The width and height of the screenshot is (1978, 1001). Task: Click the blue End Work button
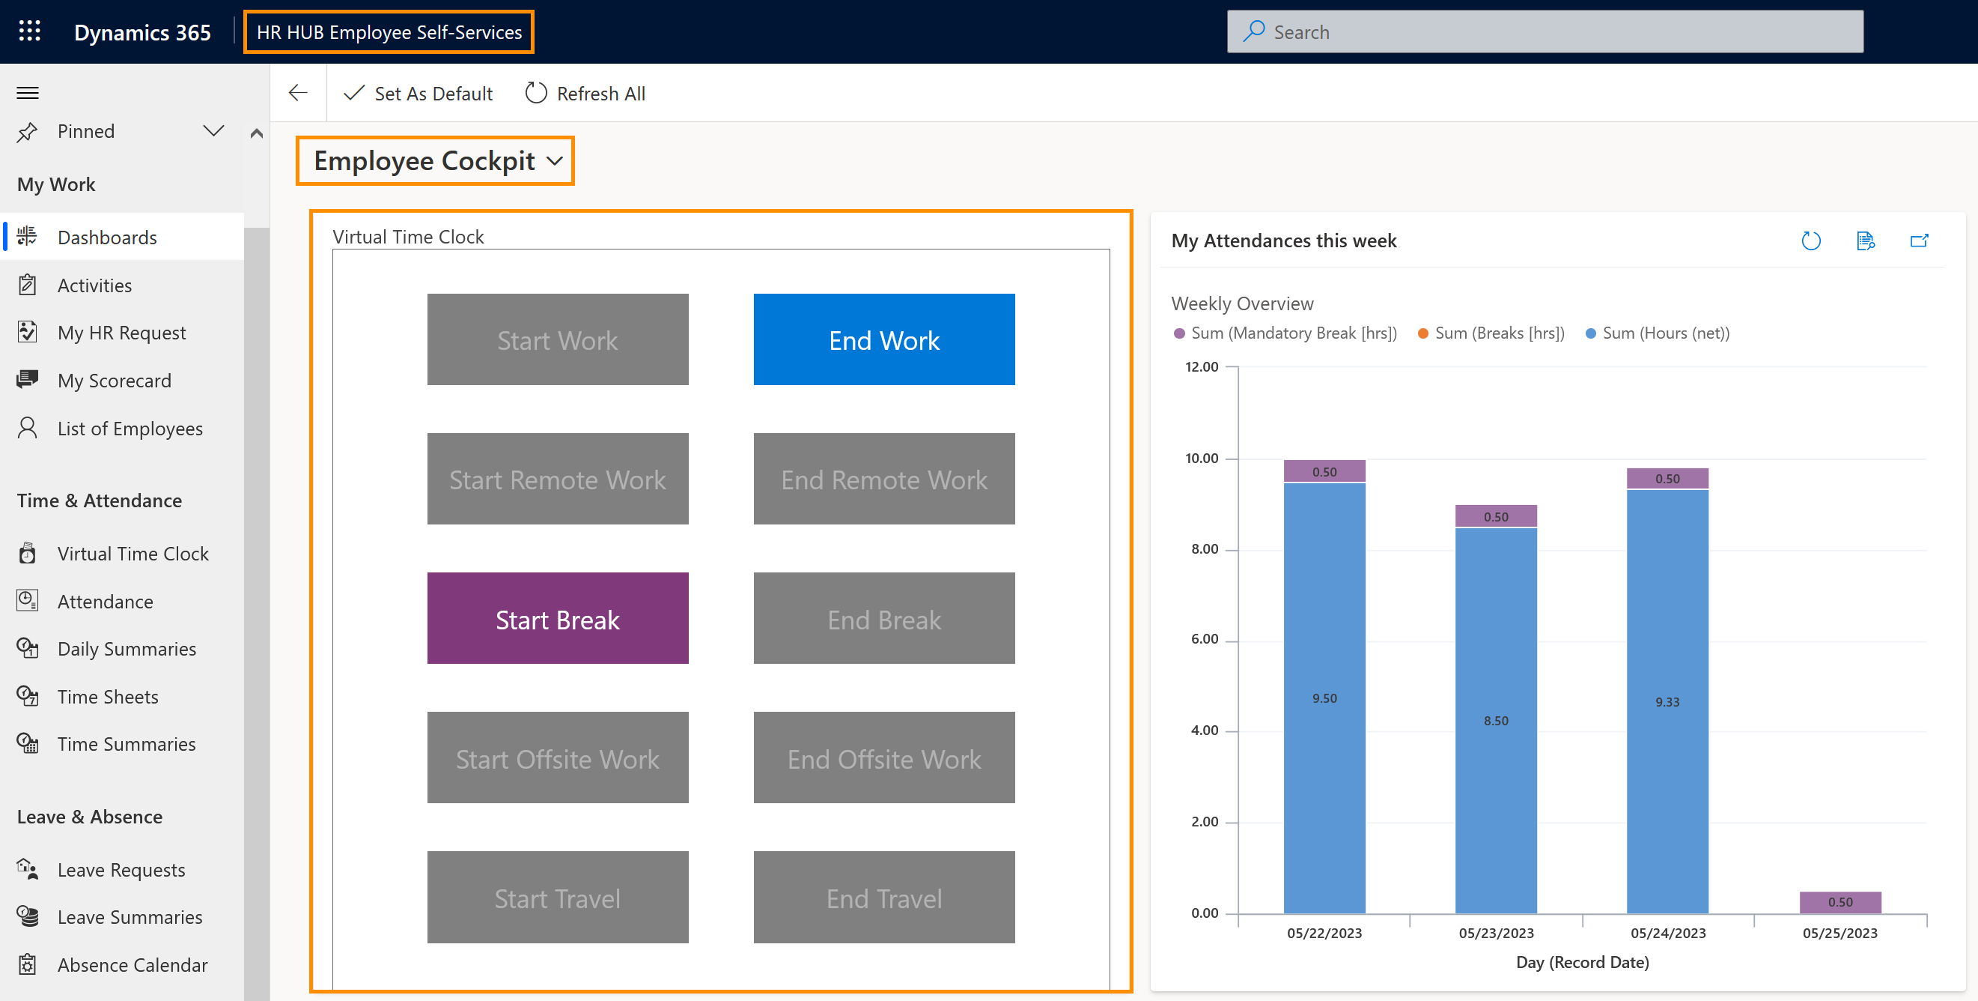click(x=883, y=339)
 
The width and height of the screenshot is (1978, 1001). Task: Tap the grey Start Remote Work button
click(x=558, y=480)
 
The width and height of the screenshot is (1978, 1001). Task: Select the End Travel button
click(x=883, y=898)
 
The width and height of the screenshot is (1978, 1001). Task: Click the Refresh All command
click(x=585, y=94)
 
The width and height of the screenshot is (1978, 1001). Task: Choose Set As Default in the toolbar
click(x=419, y=94)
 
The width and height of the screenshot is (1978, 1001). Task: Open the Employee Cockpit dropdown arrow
click(x=556, y=161)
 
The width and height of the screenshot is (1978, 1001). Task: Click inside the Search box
click(x=1543, y=32)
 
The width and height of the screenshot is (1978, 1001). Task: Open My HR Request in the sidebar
click(x=121, y=333)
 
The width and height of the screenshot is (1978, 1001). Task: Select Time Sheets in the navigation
click(x=108, y=697)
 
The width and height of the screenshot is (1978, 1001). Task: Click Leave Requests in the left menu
click(x=121, y=870)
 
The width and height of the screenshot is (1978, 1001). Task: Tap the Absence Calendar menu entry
click(x=132, y=965)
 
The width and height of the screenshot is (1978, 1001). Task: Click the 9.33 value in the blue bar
click(x=1667, y=702)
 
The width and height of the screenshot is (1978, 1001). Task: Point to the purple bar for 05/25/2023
click(x=1839, y=902)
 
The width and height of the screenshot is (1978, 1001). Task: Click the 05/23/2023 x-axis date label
click(x=1496, y=933)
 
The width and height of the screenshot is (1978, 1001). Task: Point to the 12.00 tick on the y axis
click(x=1202, y=366)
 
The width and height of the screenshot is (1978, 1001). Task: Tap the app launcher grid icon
click(x=29, y=31)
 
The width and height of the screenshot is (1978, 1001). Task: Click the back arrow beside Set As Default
click(x=298, y=93)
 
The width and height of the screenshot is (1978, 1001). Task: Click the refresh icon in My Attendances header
click(x=1810, y=241)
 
